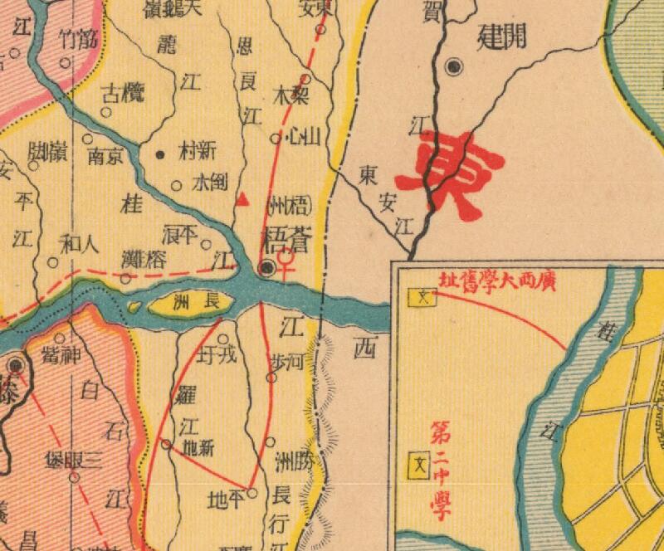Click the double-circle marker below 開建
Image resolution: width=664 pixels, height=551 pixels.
[453, 67]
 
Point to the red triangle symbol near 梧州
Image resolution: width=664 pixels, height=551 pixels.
[242, 199]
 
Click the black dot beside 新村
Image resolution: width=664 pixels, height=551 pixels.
[160, 154]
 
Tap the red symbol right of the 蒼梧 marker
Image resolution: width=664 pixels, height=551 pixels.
[286, 265]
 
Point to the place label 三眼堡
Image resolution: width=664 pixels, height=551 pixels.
[74, 461]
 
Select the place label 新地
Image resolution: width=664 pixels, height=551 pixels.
[196, 446]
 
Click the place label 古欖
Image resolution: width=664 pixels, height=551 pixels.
[121, 93]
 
